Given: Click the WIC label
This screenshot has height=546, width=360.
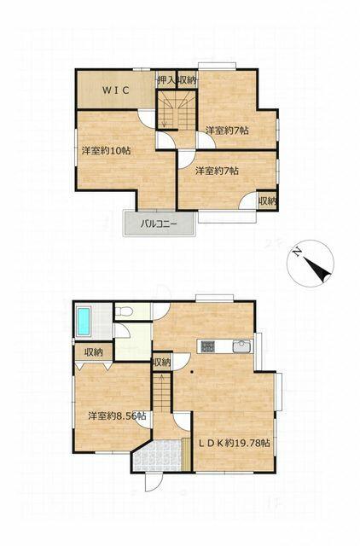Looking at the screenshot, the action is click(x=116, y=90).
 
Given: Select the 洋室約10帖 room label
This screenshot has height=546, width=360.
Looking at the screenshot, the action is click(x=106, y=151).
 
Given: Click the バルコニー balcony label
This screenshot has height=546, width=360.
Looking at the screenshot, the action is click(x=159, y=224).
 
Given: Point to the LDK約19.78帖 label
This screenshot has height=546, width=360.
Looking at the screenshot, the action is click(x=234, y=443).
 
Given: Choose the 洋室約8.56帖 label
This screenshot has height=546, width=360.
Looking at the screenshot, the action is click(x=117, y=415).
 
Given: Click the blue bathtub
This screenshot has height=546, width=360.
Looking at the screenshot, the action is click(x=84, y=322).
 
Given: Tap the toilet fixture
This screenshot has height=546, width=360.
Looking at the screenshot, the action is click(x=123, y=311).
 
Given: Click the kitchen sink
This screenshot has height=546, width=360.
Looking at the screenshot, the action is click(x=241, y=346).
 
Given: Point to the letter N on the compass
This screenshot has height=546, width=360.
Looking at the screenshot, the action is click(x=296, y=252).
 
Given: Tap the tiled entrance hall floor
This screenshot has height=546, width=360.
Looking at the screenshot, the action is click(x=160, y=456).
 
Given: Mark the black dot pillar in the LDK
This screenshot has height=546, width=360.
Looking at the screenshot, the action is click(x=192, y=371).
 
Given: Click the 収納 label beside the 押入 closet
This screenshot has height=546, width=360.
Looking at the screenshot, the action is click(x=188, y=81).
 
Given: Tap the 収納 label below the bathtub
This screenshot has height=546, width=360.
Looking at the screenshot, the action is click(x=94, y=352).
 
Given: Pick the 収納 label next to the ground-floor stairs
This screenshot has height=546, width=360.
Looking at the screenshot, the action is click(x=162, y=363).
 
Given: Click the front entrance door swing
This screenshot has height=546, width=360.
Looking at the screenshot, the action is click(x=154, y=482).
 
